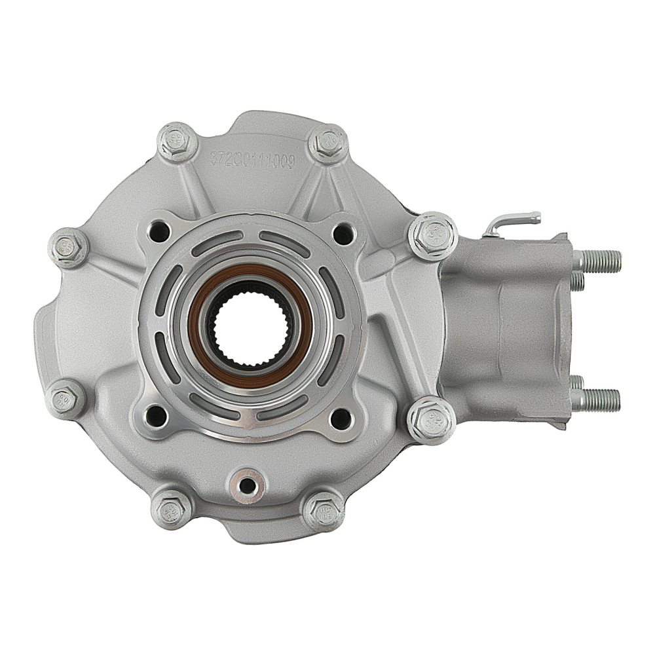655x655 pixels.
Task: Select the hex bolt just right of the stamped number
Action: coord(329,142)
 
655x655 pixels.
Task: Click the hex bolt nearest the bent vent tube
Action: coord(433,236)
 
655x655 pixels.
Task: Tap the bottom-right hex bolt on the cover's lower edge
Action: coord(323,510)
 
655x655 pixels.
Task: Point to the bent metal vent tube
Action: coord(511,221)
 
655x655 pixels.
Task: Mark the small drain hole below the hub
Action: coord(247,485)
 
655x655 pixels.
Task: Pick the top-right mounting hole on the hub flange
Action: coord(341,231)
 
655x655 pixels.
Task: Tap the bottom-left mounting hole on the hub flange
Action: coord(157,414)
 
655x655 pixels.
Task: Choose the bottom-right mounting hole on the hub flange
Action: coord(341,415)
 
